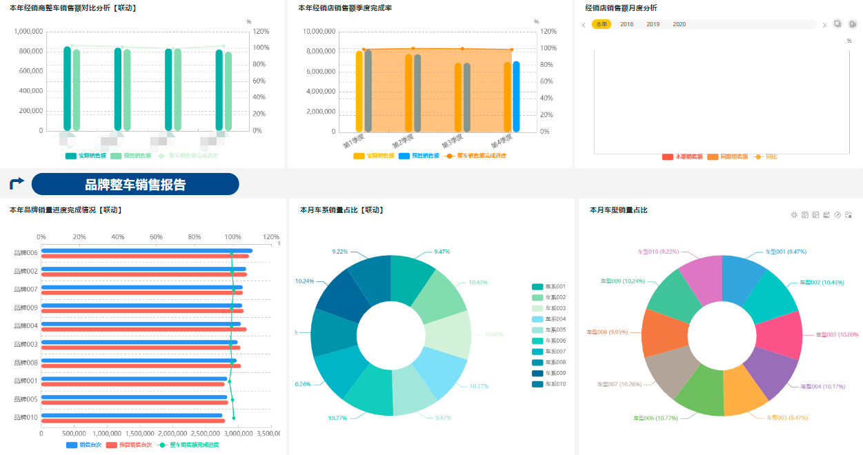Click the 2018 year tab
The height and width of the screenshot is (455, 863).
[626, 24]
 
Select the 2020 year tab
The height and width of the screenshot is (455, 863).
[679, 24]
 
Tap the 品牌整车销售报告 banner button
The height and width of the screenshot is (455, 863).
[135, 184]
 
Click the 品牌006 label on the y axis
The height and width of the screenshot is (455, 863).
[26, 253]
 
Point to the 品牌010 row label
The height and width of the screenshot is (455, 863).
[26, 417]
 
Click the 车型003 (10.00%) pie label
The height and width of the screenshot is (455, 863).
[837, 334]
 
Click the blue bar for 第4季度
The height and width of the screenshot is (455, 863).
[516, 96]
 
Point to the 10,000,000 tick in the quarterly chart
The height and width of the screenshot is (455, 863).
[319, 32]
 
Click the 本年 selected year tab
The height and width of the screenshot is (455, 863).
[602, 24]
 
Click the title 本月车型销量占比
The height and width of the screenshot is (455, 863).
[618, 210]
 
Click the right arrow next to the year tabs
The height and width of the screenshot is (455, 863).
[824, 25]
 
